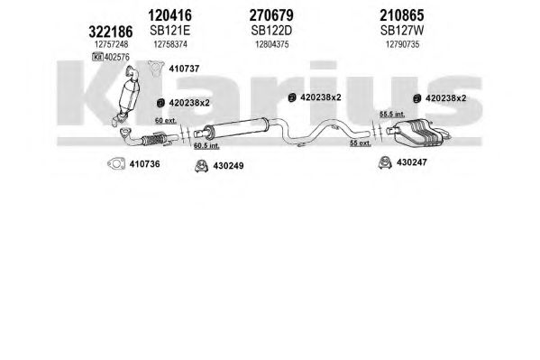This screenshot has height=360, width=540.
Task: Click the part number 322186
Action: click(x=111, y=32)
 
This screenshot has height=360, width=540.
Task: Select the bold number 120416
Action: click(x=169, y=15)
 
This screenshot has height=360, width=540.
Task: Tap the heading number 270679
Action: click(x=271, y=15)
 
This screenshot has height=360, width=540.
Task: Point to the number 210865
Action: click(x=402, y=15)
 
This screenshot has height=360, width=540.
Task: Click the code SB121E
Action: click(x=169, y=31)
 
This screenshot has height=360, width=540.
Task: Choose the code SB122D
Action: click(x=271, y=31)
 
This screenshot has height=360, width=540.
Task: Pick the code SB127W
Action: click(x=402, y=31)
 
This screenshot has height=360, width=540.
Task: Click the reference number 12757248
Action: click(x=111, y=44)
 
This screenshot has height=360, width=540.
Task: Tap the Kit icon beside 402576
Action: click(x=97, y=57)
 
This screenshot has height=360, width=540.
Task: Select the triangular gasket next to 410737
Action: click(x=156, y=69)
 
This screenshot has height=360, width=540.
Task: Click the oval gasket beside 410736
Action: click(x=116, y=164)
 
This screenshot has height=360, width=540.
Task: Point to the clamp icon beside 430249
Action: click(x=201, y=166)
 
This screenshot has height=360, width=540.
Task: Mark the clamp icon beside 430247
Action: click(x=385, y=162)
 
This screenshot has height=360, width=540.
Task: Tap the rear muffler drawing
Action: click(x=417, y=133)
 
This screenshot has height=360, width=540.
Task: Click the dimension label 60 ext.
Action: click(x=166, y=121)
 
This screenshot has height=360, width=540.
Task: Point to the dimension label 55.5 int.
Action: click(x=392, y=114)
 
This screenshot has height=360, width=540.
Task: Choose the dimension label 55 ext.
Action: click(x=361, y=143)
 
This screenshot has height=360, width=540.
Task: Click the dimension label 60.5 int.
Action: click(x=206, y=146)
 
